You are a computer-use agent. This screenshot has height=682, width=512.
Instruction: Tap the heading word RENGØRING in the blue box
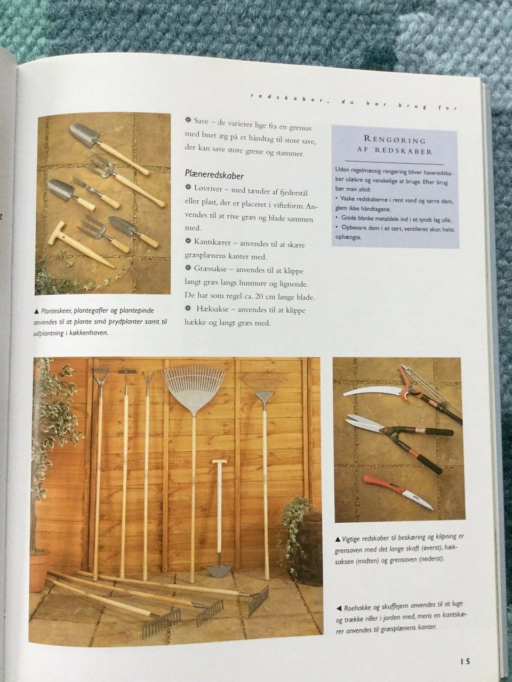[395, 140]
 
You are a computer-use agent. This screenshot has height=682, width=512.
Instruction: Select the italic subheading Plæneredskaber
[214, 175]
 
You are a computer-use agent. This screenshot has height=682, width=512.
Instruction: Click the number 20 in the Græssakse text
[258, 296]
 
